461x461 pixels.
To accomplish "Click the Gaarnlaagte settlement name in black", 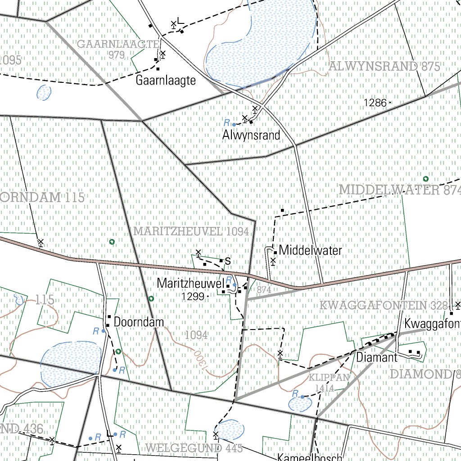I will [166, 81].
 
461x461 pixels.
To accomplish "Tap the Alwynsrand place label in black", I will [251, 135].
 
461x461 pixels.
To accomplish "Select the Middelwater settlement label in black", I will [311, 250].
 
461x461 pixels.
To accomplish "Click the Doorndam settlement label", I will [139, 322].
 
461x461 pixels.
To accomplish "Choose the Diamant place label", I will [377, 358].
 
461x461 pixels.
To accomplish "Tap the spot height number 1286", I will [375, 103].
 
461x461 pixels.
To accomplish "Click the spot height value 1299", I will [193, 296].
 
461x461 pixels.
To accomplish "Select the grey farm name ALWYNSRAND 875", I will [384, 66].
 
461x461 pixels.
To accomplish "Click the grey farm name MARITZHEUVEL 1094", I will [191, 231].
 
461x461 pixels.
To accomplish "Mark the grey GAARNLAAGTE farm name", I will [118, 44].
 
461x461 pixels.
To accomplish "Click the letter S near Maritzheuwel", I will [228, 261].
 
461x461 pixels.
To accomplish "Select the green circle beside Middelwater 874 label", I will [425, 179].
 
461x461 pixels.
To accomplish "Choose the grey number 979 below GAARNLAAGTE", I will [116, 55].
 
